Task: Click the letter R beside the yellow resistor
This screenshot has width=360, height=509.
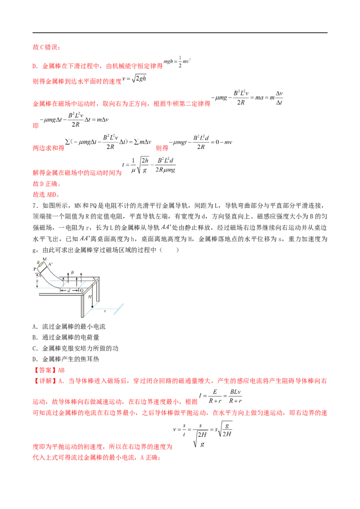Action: (38, 261)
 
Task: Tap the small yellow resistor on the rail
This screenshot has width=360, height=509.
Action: (41, 264)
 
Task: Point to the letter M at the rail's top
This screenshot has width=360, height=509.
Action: (44, 259)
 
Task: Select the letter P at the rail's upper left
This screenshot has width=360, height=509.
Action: (35, 268)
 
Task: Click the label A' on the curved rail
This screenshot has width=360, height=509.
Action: (51, 264)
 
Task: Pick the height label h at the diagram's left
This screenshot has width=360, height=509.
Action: (37, 282)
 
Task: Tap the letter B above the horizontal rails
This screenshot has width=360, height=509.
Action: (72, 272)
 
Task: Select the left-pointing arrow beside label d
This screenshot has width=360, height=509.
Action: (63, 290)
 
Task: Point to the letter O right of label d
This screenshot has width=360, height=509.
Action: (81, 290)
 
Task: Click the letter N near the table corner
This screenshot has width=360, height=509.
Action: (94, 279)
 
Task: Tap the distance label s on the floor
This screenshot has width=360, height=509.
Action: (104, 311)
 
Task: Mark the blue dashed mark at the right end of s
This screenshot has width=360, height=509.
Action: (120, 307)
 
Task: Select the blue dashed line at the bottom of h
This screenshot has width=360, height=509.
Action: (44, 287)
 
